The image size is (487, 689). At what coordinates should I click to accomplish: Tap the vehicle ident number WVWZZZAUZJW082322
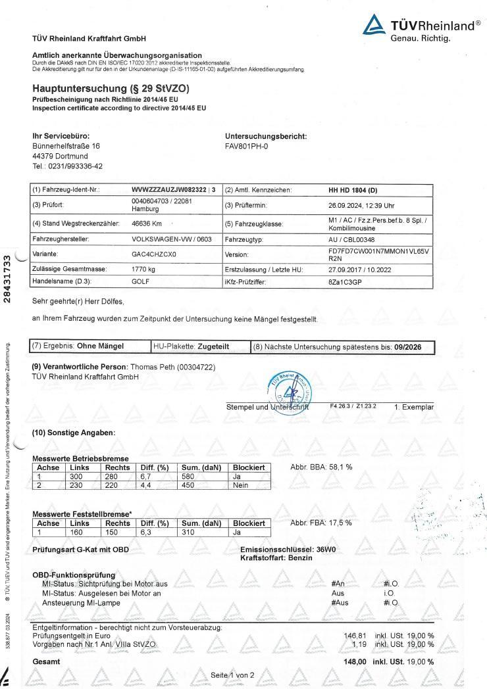click(x=169, y=190)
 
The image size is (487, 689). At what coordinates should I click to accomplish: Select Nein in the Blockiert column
click(x=241, y=485)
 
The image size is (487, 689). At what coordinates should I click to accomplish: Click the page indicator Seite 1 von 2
click(x=232, y=675)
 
